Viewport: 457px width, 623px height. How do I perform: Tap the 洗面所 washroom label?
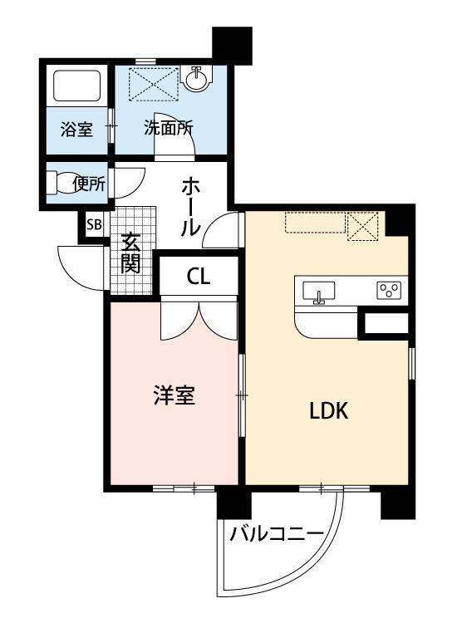point(168,129)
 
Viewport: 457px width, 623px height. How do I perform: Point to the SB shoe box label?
point(93,225)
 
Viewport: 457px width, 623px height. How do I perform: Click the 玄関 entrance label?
point(131,253)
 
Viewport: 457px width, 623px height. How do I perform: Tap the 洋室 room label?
point(174,395)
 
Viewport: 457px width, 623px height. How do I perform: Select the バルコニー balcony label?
point(277,532)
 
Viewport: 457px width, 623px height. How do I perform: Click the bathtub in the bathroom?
point(76,85)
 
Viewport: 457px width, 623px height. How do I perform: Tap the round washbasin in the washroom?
point(198,80)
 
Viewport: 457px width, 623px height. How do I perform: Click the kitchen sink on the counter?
point(318,292)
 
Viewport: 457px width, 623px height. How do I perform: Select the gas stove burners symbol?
point(389,290)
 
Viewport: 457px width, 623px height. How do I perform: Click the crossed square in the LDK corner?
point(363,225)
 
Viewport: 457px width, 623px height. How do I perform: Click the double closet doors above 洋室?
point(199,319)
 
